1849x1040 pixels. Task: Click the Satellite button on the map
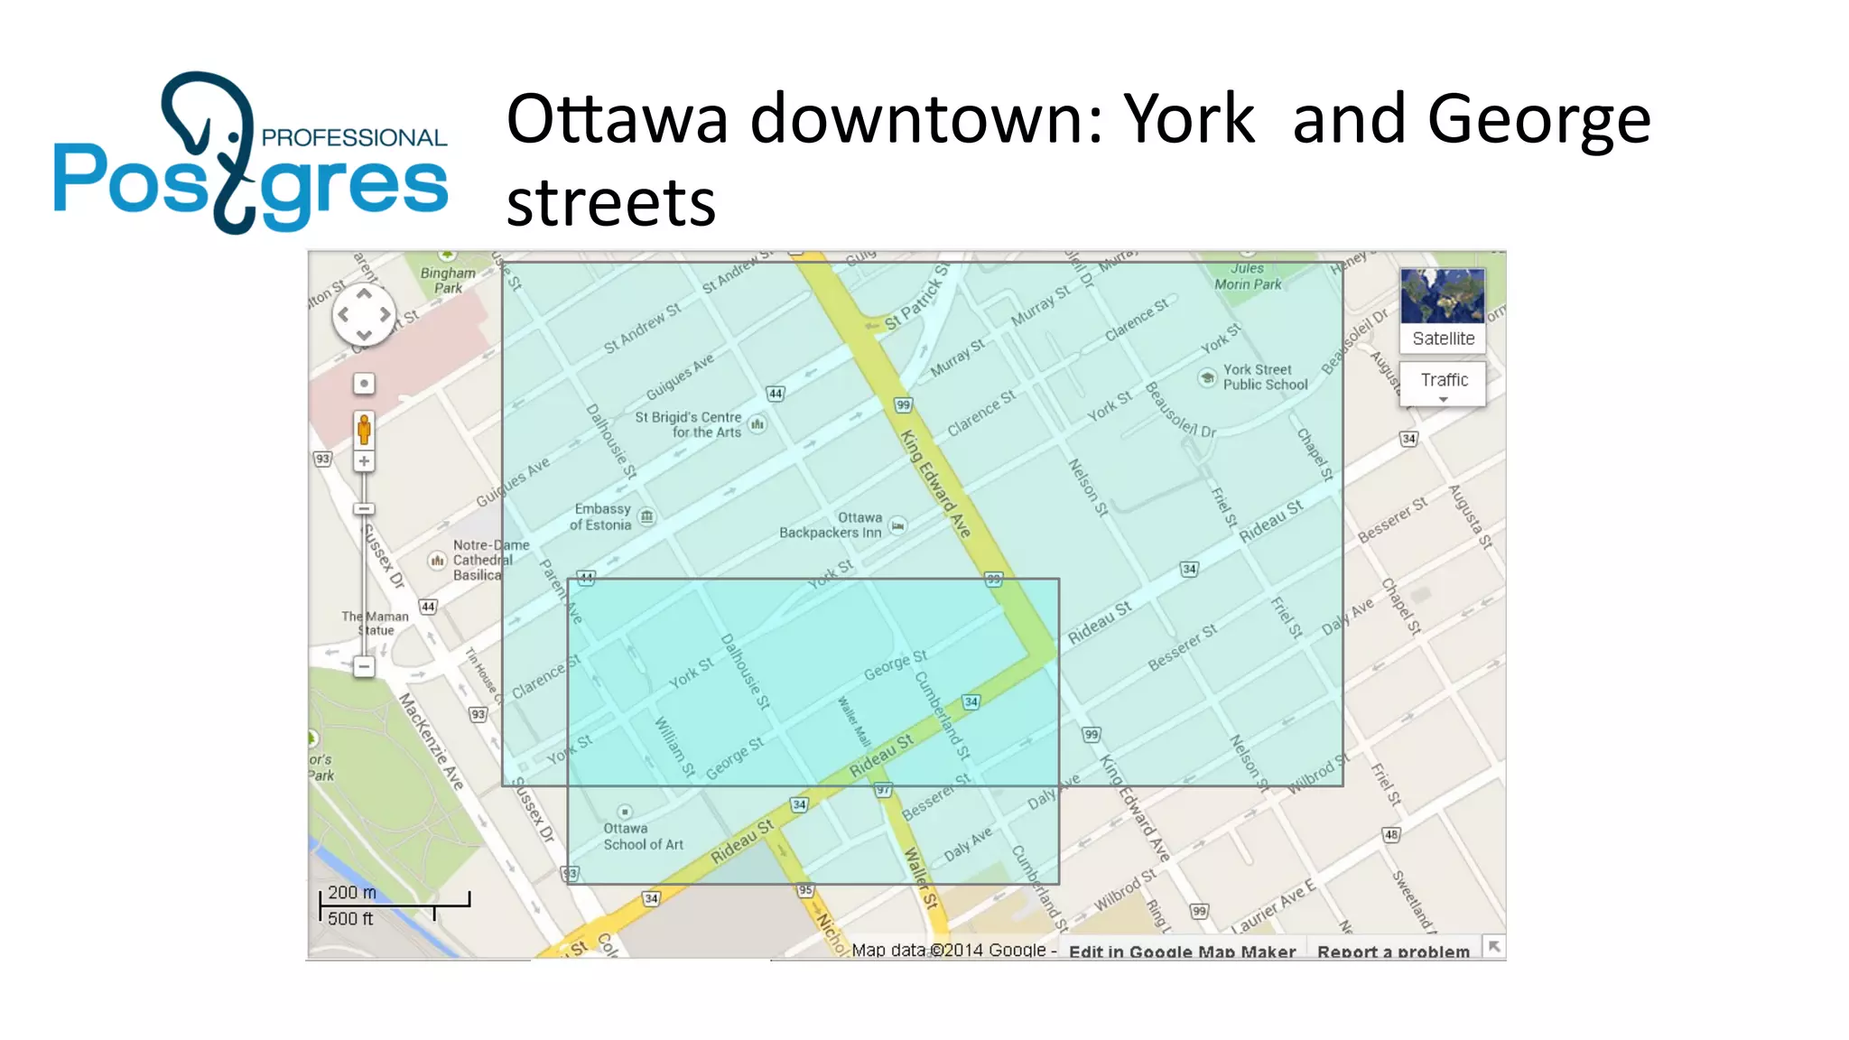pyautogui.click(x=1442, y=309)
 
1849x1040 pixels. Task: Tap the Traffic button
pyautogui.click(x=1443, y=381)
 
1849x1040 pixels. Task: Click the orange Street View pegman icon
pyautogui.click(x=364, y=429)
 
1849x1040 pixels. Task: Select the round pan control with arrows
pyautogui.click(x=364, y=315)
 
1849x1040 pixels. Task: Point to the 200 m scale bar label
pyautogui.click(x=351, y=892)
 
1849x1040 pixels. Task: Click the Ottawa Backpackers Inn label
pyautogui.click(x=832, y=525)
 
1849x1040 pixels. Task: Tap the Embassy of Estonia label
pyautogui.click(x=602, y=516)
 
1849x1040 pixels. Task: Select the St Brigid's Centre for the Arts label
pyautogui.click(x=688, y=424)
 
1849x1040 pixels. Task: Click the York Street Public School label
pyautogui.click(x=1264, y=376)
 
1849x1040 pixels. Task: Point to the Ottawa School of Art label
pyautogui.click(x=642, y=836)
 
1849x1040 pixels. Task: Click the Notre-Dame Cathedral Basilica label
pyautogui.click(x=483, y=560)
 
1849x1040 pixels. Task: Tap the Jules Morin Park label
pyautogui.click(x=1248, y=276)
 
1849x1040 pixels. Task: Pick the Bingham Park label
pyautogui.click(x=448, y=280)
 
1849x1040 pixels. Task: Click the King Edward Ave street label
pyautogui.click(x=935, y=484)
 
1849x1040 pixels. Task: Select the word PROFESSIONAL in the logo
pyautogui.click(x=354, y=137)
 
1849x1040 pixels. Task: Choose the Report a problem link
pyautogui.click(x=1392, y=952)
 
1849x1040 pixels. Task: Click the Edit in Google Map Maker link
pyautogui.click(x=1182, y=952)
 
